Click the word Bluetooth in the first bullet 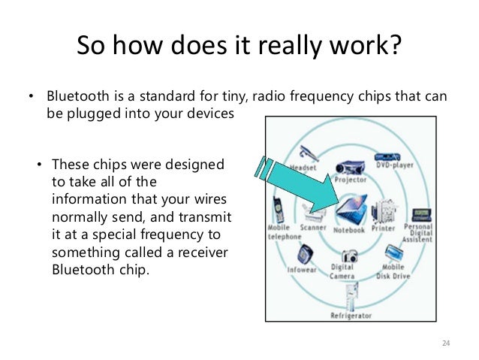[x=74, y=98]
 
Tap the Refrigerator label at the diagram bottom [x=351, y=316]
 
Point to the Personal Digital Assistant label [x=418, y=233]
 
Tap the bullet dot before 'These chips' [x=40, y=164]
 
